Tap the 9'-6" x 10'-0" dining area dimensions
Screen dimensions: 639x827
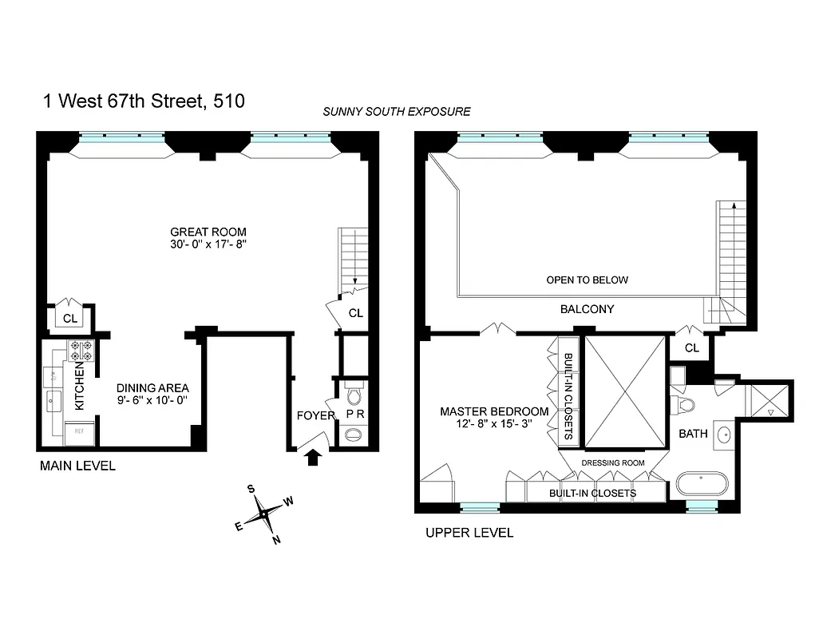(152, 400)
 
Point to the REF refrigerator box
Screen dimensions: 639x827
(80, 432)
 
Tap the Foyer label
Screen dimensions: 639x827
(315, 415)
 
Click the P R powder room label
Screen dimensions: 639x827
(354, 415)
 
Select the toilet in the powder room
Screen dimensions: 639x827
(354, 393)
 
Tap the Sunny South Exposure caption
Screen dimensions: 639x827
(396, 112)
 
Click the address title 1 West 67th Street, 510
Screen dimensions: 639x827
(143, 101)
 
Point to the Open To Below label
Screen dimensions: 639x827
(587, 280)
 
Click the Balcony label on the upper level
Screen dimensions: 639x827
(587, 309)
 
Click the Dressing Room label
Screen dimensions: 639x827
(613, 462)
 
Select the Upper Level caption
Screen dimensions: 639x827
(469, 533)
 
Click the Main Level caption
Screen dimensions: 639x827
(77, 466)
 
